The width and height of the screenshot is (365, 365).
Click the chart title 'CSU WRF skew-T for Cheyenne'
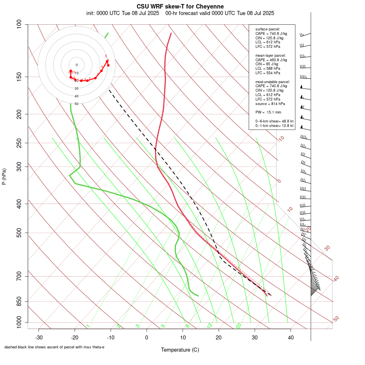pos(180,6)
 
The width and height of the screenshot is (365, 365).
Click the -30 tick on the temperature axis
pos(39,337)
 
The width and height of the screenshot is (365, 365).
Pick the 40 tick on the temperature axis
pos(291,337)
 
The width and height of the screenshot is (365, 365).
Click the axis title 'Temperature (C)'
pos(180,350)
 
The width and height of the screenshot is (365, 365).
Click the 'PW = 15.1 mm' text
pos(268,112)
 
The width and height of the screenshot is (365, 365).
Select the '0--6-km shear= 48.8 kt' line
pos(274,121)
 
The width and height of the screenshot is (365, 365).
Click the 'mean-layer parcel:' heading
pos(271,56)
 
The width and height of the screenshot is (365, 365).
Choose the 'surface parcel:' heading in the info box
pos(268,29)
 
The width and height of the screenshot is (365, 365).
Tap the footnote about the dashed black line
pos(54,347)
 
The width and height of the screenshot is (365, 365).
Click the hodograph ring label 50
pos(77,104)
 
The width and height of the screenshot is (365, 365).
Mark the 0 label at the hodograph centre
pos(77,65)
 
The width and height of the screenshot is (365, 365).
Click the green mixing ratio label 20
pos(238,325)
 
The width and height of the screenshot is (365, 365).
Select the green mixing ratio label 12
pos(210,325)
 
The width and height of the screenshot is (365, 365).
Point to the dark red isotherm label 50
pos(336,319)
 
